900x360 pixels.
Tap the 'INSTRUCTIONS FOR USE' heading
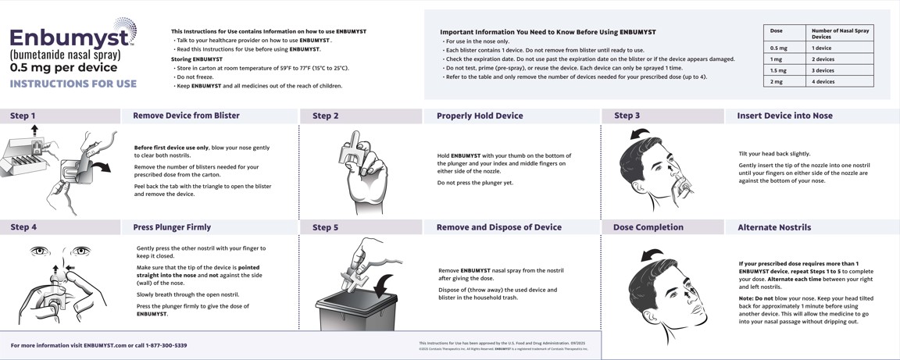[x=73, y=84]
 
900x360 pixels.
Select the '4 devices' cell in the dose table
[x=823, y=81]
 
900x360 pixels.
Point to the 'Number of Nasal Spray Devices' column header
[x=840, y=34]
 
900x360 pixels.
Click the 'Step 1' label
[x=23, y=116]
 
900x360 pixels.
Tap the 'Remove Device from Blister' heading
[x=186, y=116]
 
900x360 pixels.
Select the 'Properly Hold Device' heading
[x=480, y=116]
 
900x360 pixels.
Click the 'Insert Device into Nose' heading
[x=784, y=116]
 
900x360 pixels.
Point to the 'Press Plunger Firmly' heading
[x=172, y=227]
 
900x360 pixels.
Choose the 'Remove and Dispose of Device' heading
[x=498, y=227]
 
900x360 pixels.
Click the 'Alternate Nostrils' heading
[x=774, y=227]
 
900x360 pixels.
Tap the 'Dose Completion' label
[x=648, y=227]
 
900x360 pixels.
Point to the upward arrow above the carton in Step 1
[x=34, y=130]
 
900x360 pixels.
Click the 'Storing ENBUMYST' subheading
[x=197, y=59]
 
